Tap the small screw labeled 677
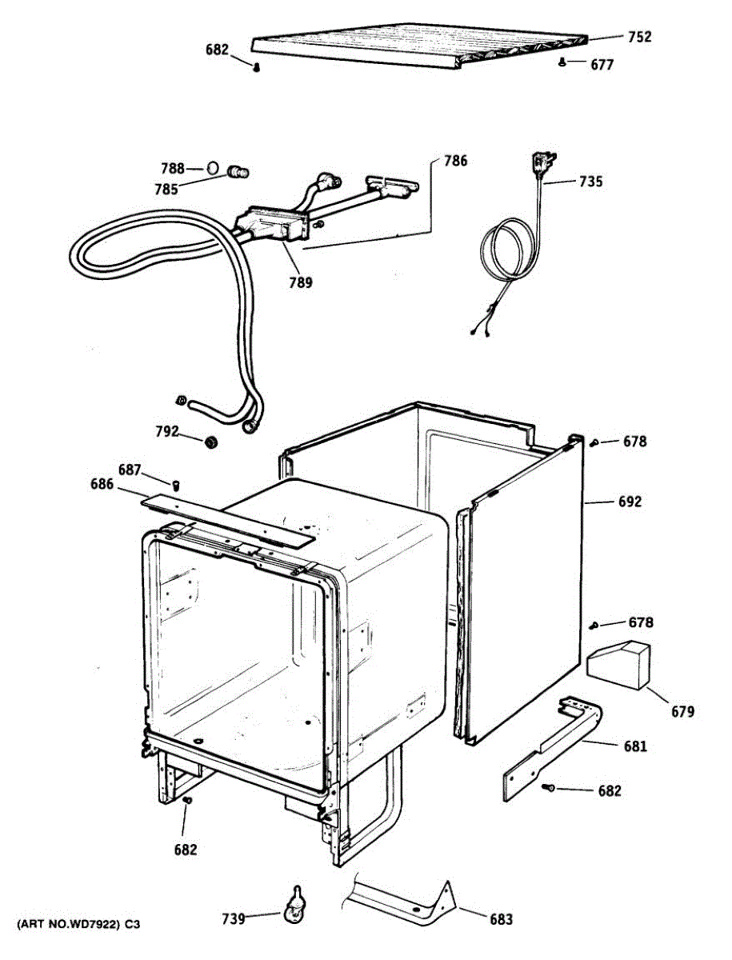pyautogui.click(x=563, y=62)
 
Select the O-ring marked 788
pyautogui.click(x=213, y=168)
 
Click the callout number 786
pyautogui.click(x=454, y=161)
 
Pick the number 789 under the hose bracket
pyautogui.click(x=301, y=282)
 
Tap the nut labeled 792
pyautogui.click(x=212, y=442)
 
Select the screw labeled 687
pyautogui.click(x=178, y=484)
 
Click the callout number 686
pyautogui.click(x=102, y=484)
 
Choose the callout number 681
pyautogui.click(x=635, y=746)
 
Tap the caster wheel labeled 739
pyautogui.click(x=294, y=909)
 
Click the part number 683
pyautogui.click(x=501, y=919)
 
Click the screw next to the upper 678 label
pyautogui.click(x=594, y=442)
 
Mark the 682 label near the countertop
pyautogui.click(x=217, y=50)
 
